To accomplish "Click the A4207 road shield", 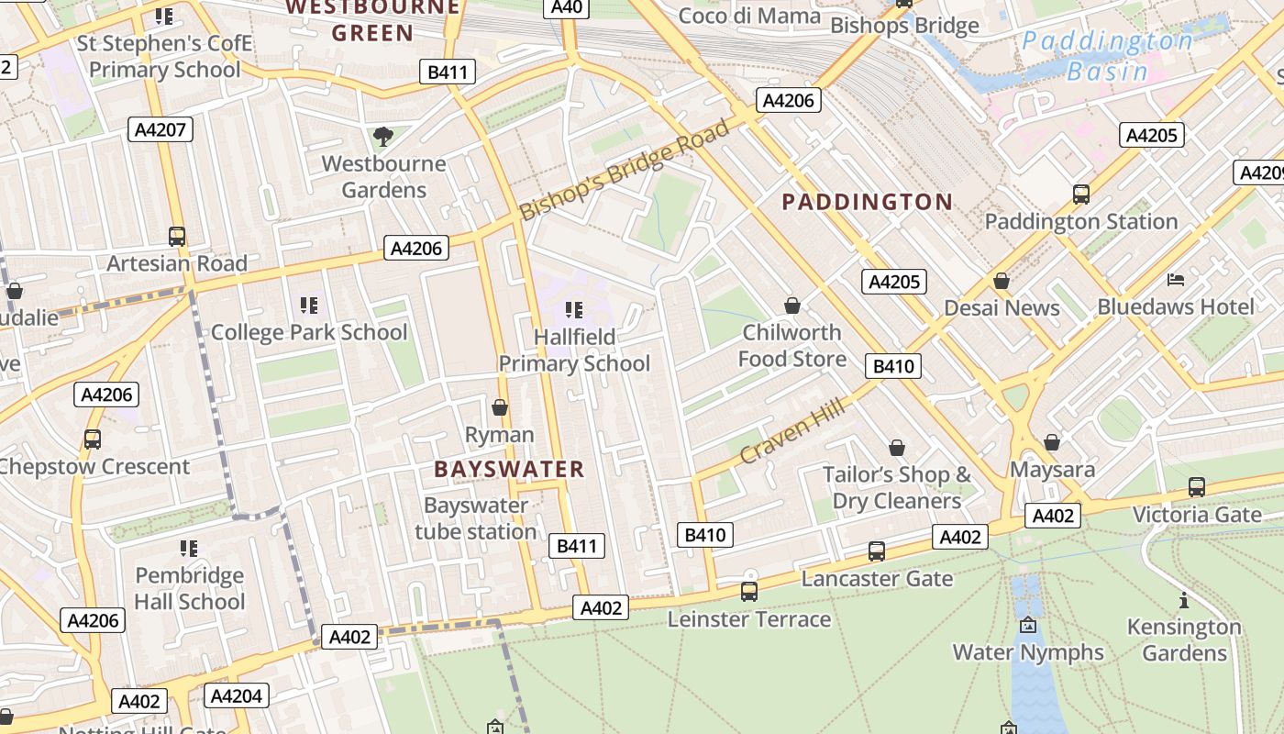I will [161, 129].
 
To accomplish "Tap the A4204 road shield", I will [236, 696].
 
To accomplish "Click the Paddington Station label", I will [1080, 221].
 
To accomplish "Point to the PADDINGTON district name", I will [867, 202].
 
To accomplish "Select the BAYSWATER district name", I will [509, 469].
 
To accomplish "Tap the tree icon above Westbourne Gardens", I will [383, 137].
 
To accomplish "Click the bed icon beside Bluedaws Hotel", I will [1176, 279].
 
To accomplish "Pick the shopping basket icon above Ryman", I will [500, 407].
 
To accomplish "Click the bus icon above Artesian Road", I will [177, 237].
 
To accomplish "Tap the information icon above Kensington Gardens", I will [1184, 601].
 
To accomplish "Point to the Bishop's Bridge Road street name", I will [625, 170].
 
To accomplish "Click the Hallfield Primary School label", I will [574, 350].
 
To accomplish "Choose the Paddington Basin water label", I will [1108, 56].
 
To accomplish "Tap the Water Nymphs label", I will [1028, 652].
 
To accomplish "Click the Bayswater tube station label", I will [475, 518].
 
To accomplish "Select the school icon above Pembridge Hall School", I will [189, 549].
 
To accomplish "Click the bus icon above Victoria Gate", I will [1197, 487].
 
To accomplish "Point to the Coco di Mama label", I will [749, 16].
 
